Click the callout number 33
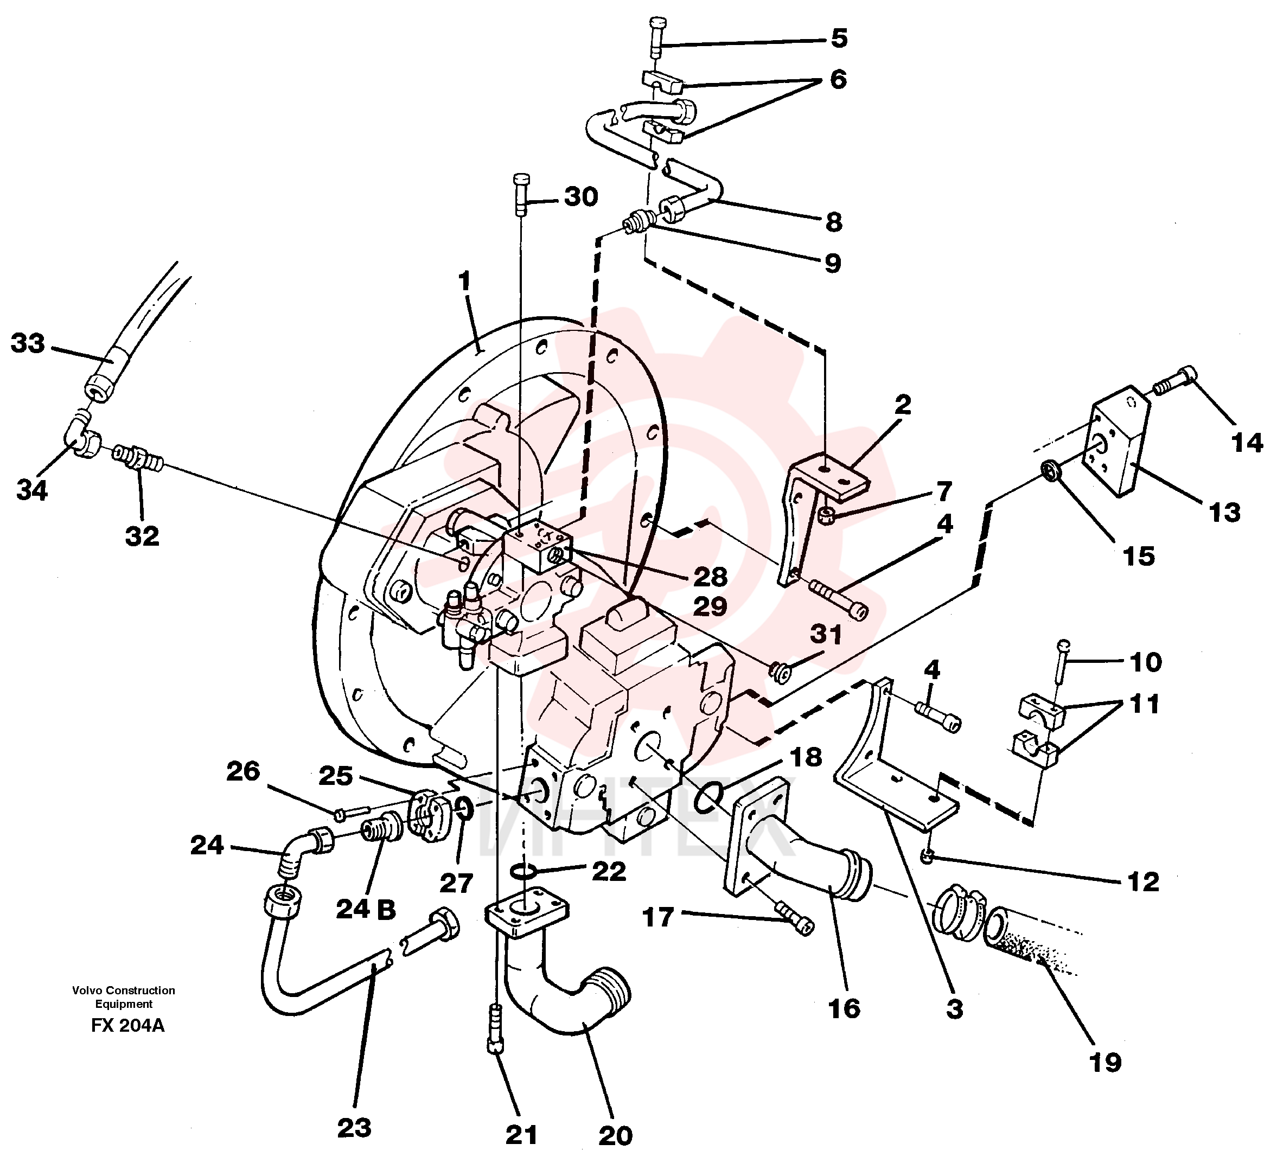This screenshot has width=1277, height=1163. (28, 343)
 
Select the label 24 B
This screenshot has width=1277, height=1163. (366, 910)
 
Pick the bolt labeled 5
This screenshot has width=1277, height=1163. (656, 38)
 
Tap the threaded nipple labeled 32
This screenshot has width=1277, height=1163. (139, 458)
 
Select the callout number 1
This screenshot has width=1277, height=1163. (465, 281)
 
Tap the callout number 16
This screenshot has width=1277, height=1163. (844, 1009)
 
